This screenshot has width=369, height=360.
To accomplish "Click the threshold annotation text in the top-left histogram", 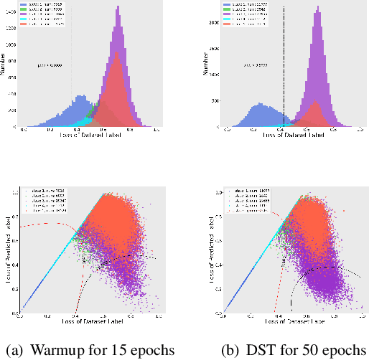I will (x=50, y=66).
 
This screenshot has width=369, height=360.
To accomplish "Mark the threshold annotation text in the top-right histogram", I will (x=256, y=64).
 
